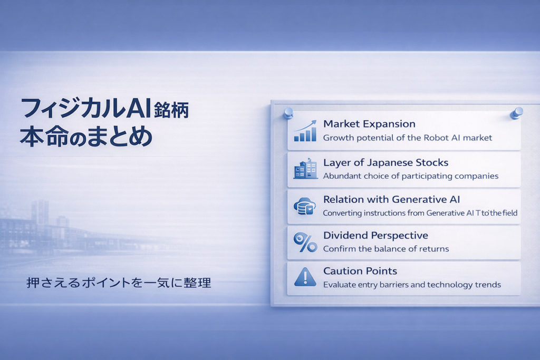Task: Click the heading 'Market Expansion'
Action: pos(369,124)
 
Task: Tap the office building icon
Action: pos(305,169)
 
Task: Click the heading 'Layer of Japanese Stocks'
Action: pos(385,162)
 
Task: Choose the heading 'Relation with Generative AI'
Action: pos(392,199)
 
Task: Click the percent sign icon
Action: pos(305,242)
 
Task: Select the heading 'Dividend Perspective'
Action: pos(375,236)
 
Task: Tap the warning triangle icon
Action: pos(305,277)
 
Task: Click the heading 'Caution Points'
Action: pos(360,271)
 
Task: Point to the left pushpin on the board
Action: pos(288,113)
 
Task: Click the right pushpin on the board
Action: pos(517,113)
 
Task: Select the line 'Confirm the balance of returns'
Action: pos(386,249)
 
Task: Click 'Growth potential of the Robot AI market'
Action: pos(408,138)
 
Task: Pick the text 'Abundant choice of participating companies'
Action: pos(411,176)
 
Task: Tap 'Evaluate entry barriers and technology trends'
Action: pos(412,285)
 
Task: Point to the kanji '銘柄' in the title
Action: pos(171,110)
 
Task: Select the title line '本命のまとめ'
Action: pos(86,137)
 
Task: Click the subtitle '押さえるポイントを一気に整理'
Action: pos(119,283)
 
